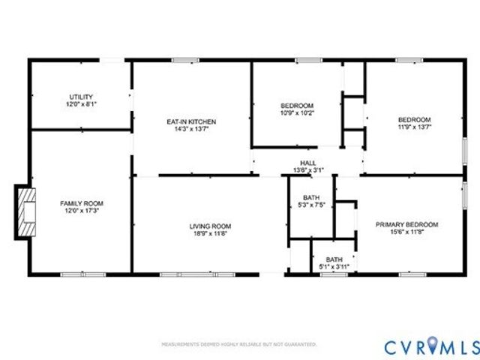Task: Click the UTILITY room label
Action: coord(81,97)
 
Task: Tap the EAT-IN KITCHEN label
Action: coord(191,121)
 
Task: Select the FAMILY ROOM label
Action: coord(82,203)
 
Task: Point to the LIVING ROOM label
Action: coord(209,226)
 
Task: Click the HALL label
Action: coord(308,163)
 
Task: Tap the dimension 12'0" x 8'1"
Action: coord(81,104)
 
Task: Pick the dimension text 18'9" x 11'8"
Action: coord(209,233)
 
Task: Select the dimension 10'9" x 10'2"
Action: coord(297,113)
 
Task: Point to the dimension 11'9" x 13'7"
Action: coord(414,127)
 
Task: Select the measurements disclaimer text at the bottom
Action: coord(239,344)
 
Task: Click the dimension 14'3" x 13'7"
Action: coord(191,128)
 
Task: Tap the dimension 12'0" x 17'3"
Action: coord(82,211)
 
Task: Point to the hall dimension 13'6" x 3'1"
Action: coord(308,170)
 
